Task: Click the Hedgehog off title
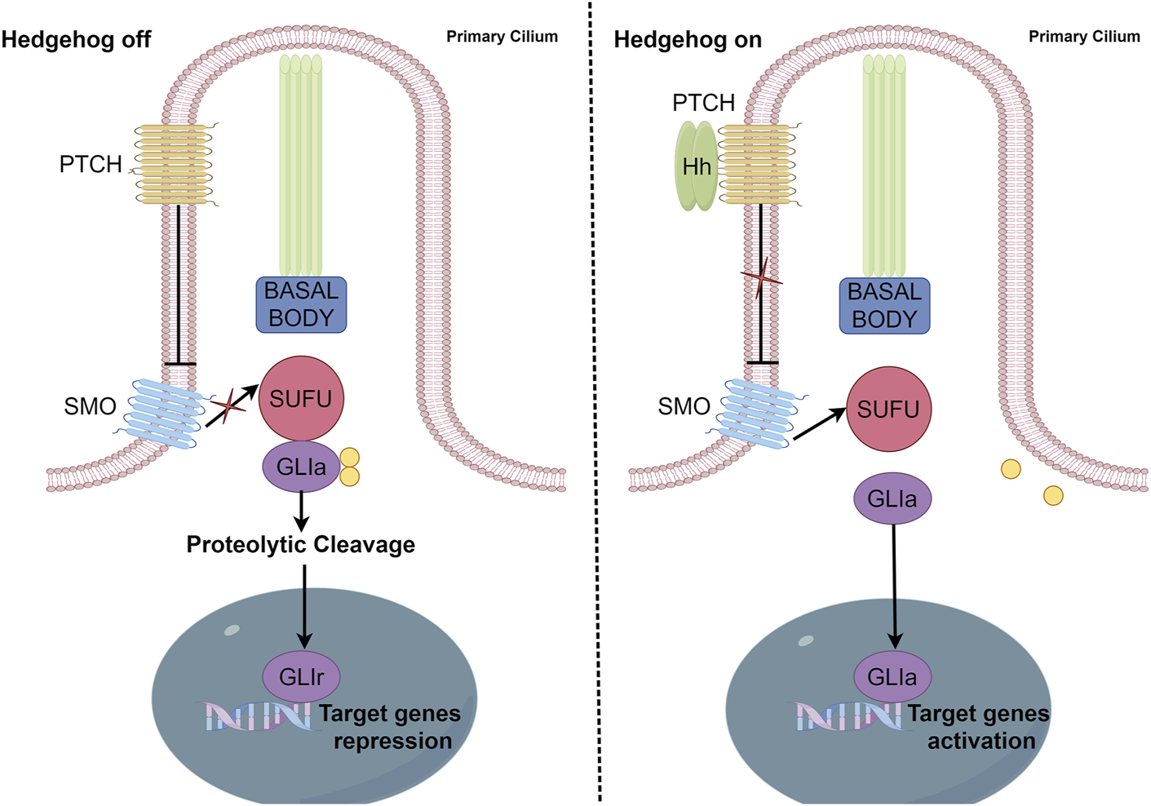click(x=76, y=39)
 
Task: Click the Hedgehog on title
click(x=687, y=39)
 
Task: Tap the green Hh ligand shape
click(x=696, y=166)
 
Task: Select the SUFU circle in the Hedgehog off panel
click(x=301, y=398)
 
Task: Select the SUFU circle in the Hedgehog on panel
click(x=888, y=409)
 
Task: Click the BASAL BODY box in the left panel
click(x=301, y=304)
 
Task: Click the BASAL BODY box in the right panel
click(x=884, y=305)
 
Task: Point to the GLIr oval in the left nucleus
click(x=301, y=676)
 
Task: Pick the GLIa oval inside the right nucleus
click(x=892, y=676)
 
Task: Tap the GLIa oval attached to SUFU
click(x=301, y=467)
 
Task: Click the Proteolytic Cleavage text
click(x=300, y=544)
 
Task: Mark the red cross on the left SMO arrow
click(x=228, y=404)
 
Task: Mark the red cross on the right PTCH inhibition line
click(x=760, y=278)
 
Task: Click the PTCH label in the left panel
click(x=90, y=164)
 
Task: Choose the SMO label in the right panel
click(x=684, y=406)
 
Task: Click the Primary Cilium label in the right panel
click(x=1083, y=37)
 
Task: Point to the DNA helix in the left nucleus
click(x=256, y=715)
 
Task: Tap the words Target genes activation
click(x=979, y=727)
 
